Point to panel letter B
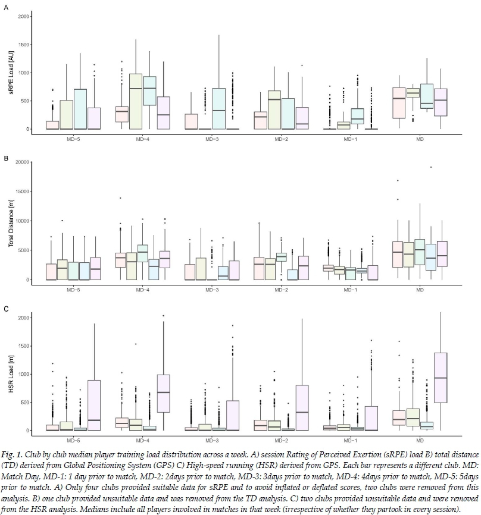tap(6, 159)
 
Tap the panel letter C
tap(6, 309)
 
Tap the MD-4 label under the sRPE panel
tap(142, 141)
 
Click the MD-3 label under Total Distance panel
tap(212, 289)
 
